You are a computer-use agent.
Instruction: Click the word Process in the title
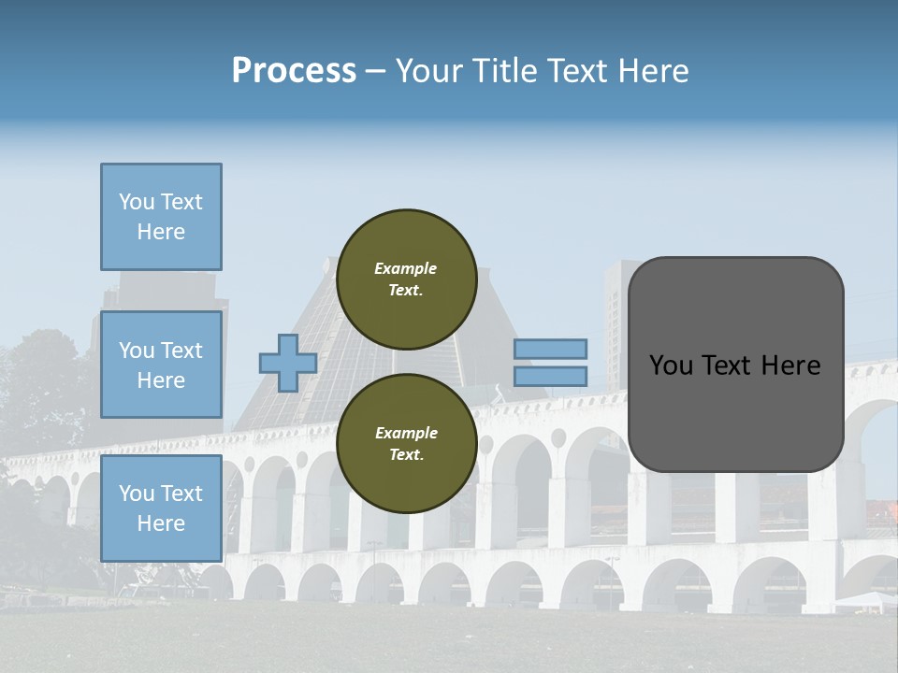[294, 71]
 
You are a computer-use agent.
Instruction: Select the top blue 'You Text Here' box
[161, 217]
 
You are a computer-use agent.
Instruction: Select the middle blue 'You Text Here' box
[161, 365]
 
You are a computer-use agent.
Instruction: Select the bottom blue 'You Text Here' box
[161, 508]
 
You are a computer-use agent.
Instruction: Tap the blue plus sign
[288, 363]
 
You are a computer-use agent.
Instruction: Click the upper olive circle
[406, 279]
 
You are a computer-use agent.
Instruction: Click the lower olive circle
[406, 443]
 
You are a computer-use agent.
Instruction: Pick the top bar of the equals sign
[550, 349]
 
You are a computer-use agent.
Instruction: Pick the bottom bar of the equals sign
[550, 376]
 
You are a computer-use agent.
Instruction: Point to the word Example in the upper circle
[406, 268]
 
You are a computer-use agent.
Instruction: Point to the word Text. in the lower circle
[406, 455]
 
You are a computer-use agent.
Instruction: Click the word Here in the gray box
[790, 365]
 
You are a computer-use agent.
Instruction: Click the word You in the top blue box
[137, 202]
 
